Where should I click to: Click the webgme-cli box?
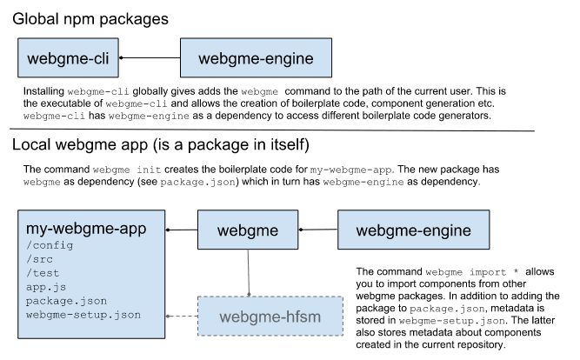click(x=69, y=59)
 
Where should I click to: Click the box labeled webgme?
click(x=248, y=230)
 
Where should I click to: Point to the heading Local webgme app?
click(x=160, y=143)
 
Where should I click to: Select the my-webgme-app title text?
click(x=86, y=230)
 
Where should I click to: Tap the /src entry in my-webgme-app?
click(x=40, y=259)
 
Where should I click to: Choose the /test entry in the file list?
click(x=43, y=273)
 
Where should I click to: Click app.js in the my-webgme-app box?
click(x=46, y=286)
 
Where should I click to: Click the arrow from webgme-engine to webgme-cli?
click(x=149, y=59)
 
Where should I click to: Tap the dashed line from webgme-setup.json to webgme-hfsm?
click(x=183, y=315)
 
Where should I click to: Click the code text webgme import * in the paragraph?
click(x=452, y=272)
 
